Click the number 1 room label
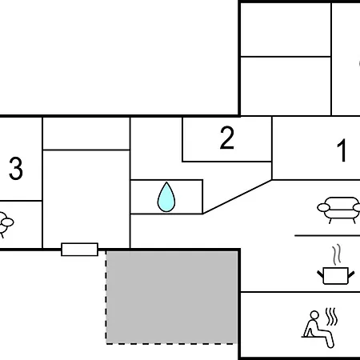342,150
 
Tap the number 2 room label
227,138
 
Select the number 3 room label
16,168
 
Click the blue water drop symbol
166,197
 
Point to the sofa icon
339,210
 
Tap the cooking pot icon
336,276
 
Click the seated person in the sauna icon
318,329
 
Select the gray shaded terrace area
172,298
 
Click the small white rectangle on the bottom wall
80,250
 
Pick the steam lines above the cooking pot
337,254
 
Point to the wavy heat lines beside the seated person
331,317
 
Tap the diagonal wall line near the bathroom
238,197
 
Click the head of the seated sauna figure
314,314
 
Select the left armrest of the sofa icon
323,207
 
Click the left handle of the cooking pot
320,274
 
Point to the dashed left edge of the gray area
106,298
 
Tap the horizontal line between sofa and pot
327,236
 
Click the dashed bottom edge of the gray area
172,344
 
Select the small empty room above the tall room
86,134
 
